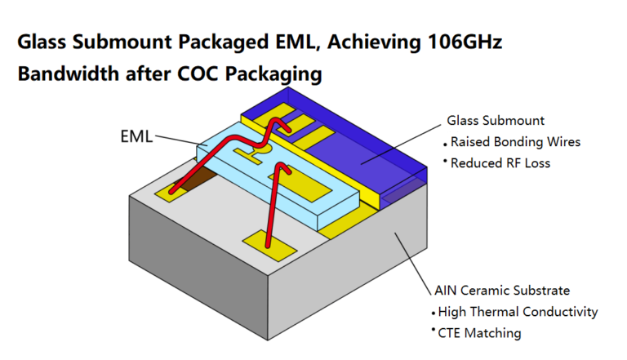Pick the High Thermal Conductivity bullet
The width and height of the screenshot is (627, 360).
pos(518,312)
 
